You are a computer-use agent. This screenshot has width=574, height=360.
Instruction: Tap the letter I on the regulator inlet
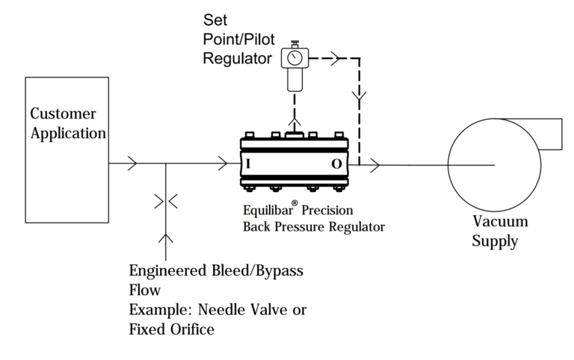pyautogui.click(x=247, y=163)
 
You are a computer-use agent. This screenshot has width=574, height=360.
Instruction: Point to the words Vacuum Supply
pyautogui.click(x=500, y=232)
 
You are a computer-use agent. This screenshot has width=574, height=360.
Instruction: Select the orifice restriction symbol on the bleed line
pyautogui.click(x=165, y=201)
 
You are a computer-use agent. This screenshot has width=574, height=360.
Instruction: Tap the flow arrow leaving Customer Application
pyautogui.click(x=132, y=164)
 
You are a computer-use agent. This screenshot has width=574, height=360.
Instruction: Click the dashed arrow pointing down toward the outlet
pyautogui.click(x=359, y=96)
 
